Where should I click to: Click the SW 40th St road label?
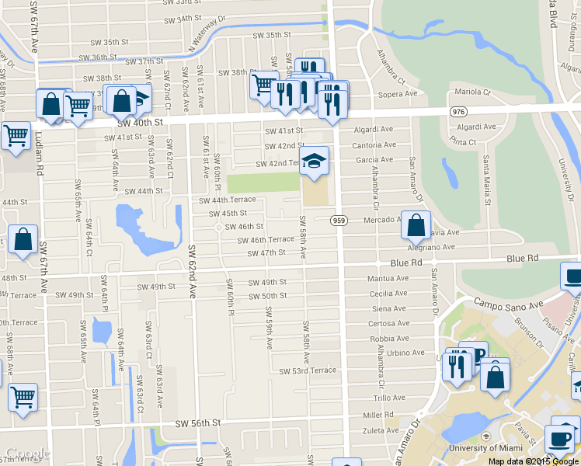(142, 123)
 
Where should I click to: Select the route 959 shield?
(338, 221)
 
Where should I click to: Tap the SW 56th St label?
(198, 423)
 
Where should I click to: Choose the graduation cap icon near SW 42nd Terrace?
(314, 161)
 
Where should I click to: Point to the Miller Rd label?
(379, 415)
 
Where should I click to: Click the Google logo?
(26, 454)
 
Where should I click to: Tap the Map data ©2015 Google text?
(534, 461)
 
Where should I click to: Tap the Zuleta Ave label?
(381, 429)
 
